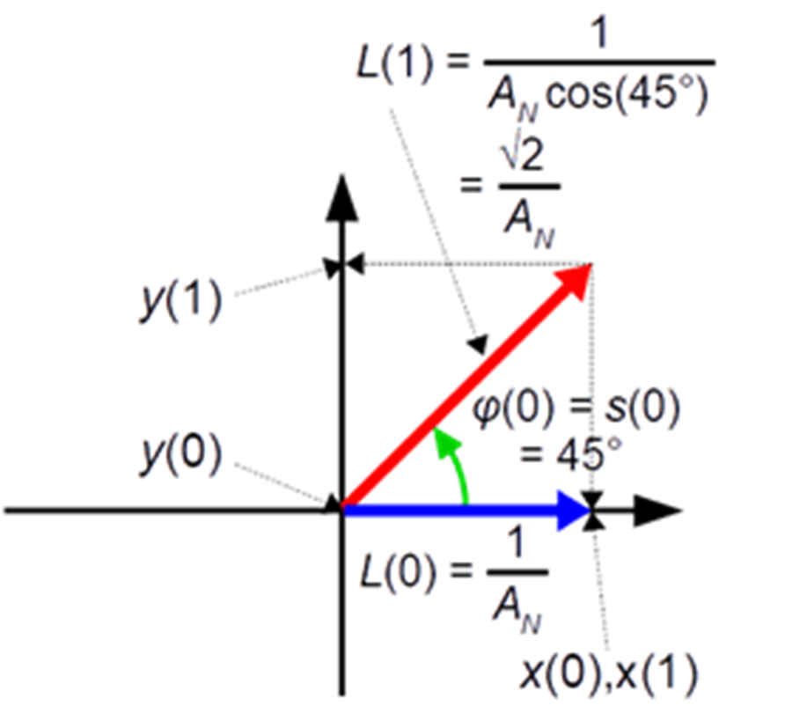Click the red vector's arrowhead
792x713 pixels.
(x=576, y=281)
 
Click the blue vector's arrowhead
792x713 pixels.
(x=573, y=511)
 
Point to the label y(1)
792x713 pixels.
(x=180, y=300)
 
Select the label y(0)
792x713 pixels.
(x=180, y=454)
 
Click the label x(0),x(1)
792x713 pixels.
(x=609, y=673)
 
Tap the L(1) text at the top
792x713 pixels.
(x=394, y=63)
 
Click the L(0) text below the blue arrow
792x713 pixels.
(x=398, y=574)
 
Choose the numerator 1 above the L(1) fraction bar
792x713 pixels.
(x=599, y=33)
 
